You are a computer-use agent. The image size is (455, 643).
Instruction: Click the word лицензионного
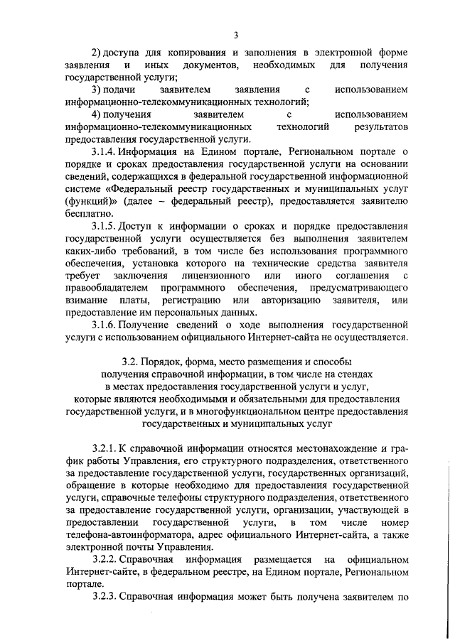tap(217, 275)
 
